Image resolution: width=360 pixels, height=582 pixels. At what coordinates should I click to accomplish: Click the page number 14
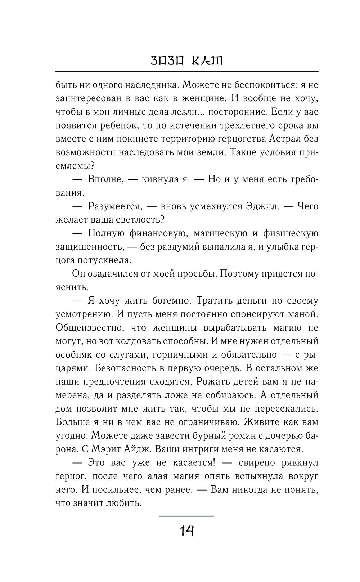pyautogui.click(x=186, y=530)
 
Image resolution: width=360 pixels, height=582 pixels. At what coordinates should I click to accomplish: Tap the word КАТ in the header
pyautogui.click(x=206, y=61)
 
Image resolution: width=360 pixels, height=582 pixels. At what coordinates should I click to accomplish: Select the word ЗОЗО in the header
pyautogui.click(x=167, y=61)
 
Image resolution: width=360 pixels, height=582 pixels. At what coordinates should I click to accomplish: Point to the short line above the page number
pyautogui.click(x=186, y=516)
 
